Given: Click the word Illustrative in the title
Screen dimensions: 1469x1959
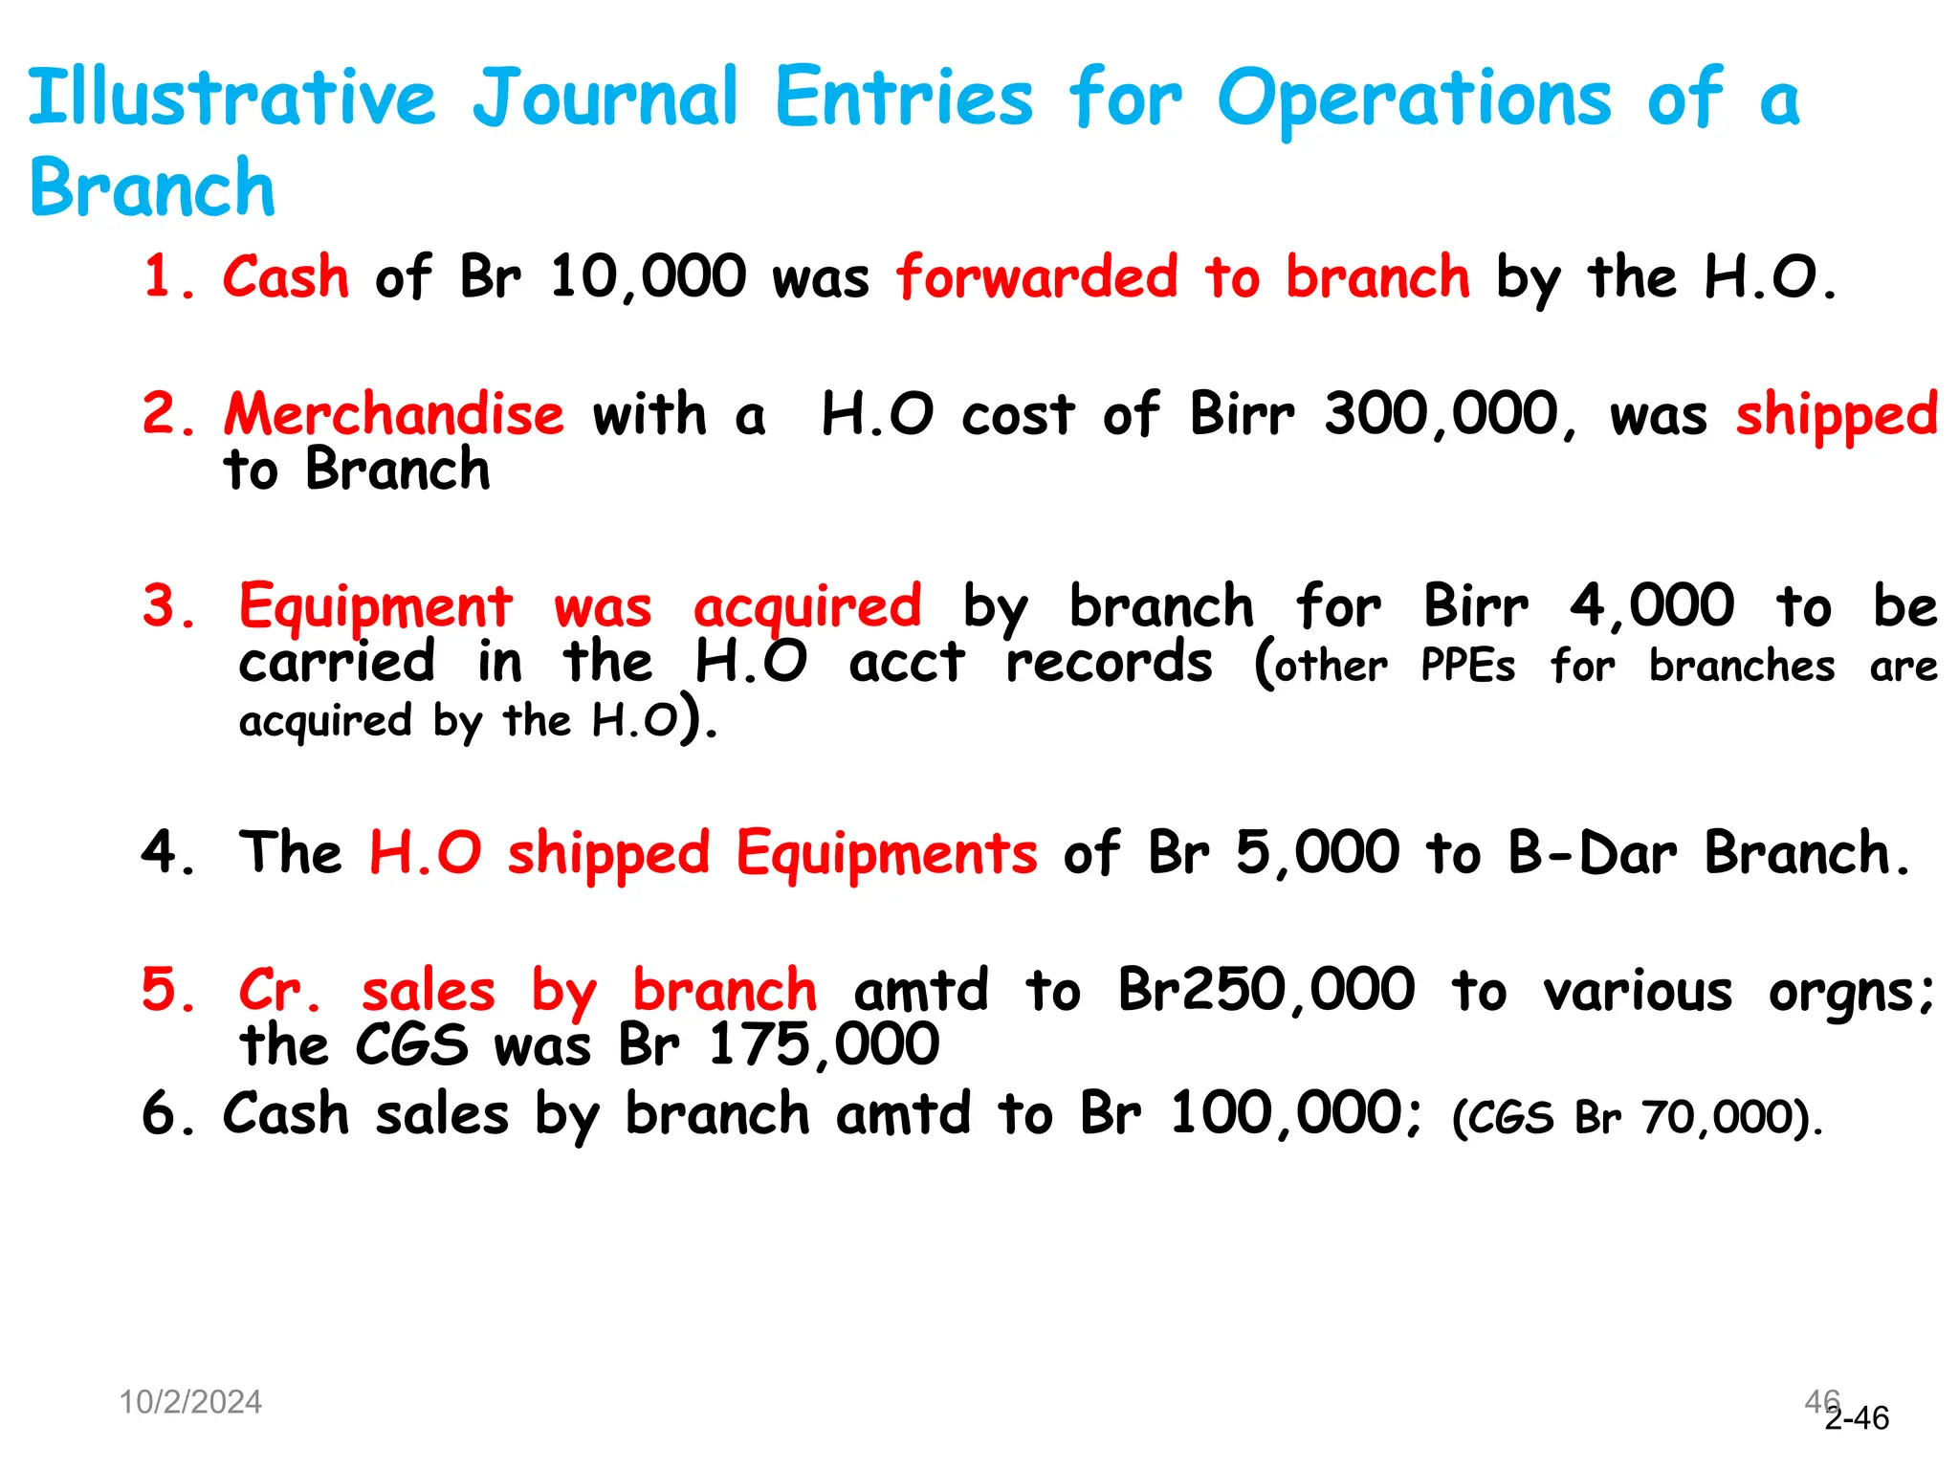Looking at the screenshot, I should pos(232,98).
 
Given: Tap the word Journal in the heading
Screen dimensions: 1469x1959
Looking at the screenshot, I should pos(606,98).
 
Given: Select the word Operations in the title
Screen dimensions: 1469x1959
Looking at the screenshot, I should pos(1415,99).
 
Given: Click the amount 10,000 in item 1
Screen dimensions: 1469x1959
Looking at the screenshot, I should pos(648,277).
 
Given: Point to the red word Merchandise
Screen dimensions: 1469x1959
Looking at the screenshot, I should pos(394,415).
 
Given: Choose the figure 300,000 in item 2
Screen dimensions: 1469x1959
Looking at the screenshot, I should pos(1442,415).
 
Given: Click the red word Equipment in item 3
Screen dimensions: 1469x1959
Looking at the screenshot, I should pos(376,606).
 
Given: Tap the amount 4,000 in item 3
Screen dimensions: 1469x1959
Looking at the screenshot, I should pos(1652,606).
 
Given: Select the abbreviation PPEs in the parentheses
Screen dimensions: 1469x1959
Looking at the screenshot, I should pos(1468,666).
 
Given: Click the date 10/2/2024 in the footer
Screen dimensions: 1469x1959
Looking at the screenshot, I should pos(190,1402).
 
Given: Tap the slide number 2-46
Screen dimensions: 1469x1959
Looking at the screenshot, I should pos(1858,1418).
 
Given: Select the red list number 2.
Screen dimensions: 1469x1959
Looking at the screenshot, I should pos(168,415).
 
